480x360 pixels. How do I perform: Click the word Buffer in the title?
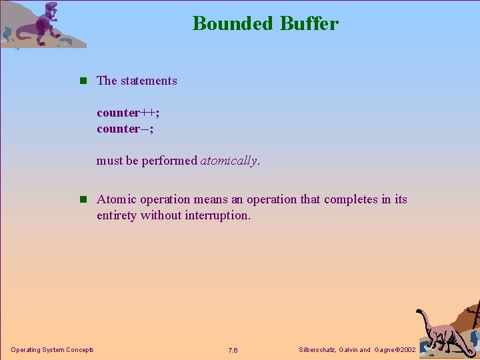coord(309,23)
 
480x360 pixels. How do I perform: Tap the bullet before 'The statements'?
coord(83,81)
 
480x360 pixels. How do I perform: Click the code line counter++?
coord(128,113)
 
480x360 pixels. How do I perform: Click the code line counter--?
coord(125,129)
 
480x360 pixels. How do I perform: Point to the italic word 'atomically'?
coord(229,161)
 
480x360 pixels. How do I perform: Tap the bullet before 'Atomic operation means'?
coord(83,199)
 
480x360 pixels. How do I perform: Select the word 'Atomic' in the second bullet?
coord(117,199)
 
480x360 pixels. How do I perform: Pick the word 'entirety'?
coord(117,215)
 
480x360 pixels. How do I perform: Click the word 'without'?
coord(160,215)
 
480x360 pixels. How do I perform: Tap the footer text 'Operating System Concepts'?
coord(52,350)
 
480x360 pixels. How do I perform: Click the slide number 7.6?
coord(233,351)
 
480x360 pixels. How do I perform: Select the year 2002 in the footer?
coord(405,350)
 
